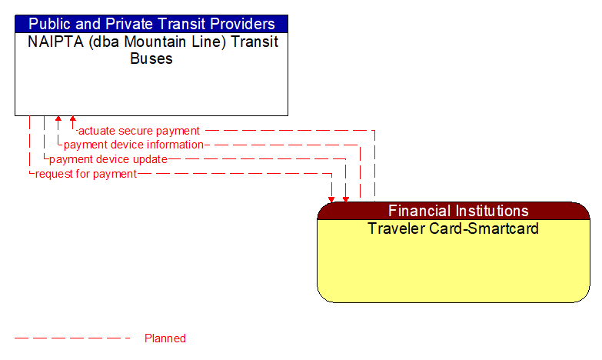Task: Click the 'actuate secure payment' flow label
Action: click(139, 131)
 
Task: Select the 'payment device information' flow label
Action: click(134, 145)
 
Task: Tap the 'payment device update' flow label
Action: click(108, 159)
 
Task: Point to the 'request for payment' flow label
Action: click(86, 174)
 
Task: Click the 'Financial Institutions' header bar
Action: click(454, 211)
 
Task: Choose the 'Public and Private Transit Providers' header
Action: click(151, 24)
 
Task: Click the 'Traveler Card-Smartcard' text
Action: click(453, 228)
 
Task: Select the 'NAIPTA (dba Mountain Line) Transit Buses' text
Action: click(151, 50)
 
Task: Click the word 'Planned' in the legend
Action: click(165, 338)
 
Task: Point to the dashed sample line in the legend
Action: click(72, 338)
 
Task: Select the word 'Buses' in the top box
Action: click(151, 58)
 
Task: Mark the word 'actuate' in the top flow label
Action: click(96, 131)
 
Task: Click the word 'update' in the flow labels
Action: click(150, 159)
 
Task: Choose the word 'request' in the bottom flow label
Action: click(55, 174)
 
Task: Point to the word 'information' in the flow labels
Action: click(174, 145)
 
